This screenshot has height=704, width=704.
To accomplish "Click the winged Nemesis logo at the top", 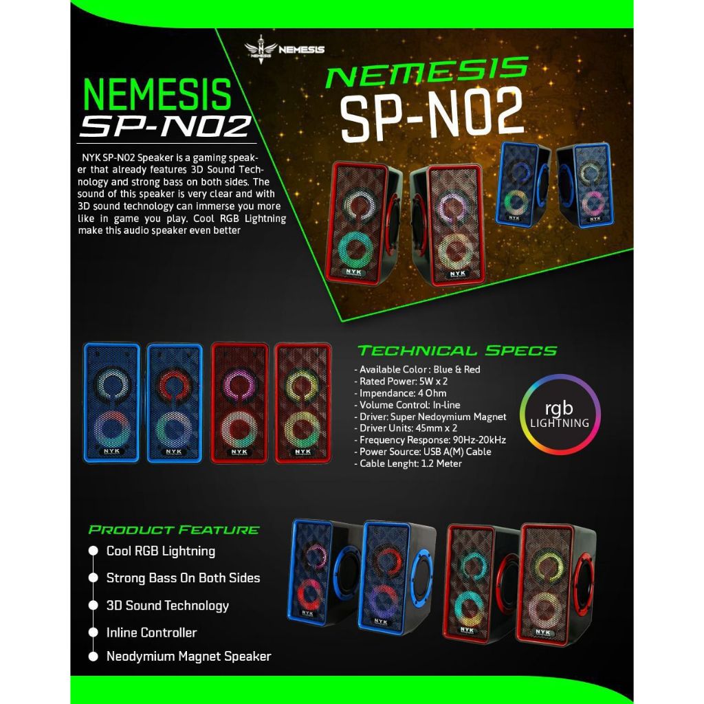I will tap(284, 49).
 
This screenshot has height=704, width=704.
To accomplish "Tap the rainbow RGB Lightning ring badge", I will tap(559, 415).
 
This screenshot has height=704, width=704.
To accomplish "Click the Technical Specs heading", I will tap(457, 351).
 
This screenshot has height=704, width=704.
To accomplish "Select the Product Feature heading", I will tap(174, 530).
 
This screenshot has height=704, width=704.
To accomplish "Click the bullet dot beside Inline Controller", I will tap(93, 632).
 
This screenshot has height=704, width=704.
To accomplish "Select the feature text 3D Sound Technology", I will tap(167, 606).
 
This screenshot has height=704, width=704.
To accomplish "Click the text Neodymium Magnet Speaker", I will tap(188, 657).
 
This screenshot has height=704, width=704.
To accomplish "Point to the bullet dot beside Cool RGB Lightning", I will tap(93, 551).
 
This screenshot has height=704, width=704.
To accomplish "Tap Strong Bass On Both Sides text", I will tap(183, 578).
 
